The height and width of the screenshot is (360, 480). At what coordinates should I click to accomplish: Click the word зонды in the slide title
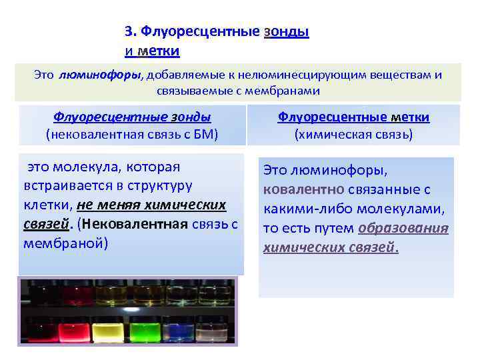click(x=287, y=31)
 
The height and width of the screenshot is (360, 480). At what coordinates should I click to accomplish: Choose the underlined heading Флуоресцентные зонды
click(x=132, y=117)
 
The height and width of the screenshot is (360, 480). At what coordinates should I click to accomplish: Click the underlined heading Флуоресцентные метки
click(x=353, y=117)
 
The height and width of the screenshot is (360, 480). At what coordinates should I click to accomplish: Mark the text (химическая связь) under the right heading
click(x=353, y=135)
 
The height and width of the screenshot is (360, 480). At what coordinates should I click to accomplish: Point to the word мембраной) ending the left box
click(x=66, y=243)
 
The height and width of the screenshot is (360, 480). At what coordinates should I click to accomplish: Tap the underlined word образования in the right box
click(x=403, y=229)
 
